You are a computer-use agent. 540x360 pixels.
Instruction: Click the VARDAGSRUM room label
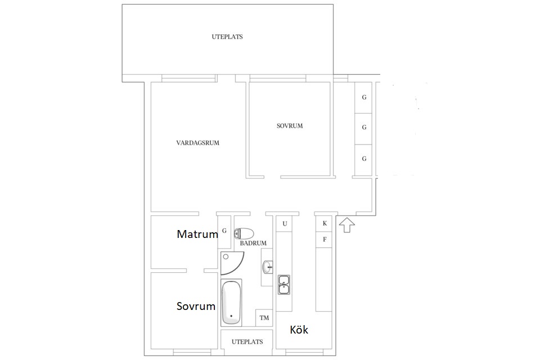point(197,143)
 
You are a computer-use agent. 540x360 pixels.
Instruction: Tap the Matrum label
point(197,234)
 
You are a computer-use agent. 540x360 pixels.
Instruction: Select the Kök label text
point(299,330)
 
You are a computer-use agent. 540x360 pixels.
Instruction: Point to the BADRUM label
point(253,243)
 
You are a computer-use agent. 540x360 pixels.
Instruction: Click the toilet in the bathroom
point(244,233)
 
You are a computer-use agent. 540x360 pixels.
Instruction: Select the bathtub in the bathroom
point(231,303)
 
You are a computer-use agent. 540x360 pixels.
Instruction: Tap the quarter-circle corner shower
point(231,263)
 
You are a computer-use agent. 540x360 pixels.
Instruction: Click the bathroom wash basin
point(268,267)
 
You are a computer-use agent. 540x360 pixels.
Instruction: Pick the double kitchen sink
point(284,285)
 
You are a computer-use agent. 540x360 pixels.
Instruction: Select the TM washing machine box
point(264,318)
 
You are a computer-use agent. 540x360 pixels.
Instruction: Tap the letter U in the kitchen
point(285,224)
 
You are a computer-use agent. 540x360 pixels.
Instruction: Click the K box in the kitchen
point(325,223)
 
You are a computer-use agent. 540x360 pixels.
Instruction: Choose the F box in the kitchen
point(325,240)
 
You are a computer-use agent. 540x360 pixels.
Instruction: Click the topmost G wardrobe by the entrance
point(364,97)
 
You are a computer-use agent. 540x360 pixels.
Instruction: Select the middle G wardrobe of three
point(364,128)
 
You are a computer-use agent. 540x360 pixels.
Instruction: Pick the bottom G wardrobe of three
point(364,159)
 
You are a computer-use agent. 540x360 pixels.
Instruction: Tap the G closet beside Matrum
point(224,231)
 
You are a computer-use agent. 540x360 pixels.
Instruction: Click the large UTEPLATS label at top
point(227,37)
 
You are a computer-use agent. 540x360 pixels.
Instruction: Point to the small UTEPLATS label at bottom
point(247,342)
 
